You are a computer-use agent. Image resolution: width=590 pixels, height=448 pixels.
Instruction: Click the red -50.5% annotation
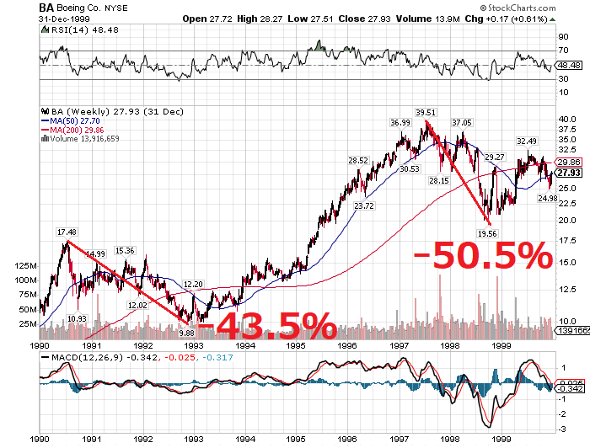483,258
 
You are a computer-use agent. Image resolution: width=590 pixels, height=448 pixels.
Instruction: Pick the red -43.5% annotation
267,325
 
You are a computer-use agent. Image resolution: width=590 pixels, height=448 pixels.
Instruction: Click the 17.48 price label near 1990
67,231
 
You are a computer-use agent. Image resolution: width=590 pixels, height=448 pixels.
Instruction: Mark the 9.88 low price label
186,333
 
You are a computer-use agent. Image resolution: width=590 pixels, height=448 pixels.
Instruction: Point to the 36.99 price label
400,123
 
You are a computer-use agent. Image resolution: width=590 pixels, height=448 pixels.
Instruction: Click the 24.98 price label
548,198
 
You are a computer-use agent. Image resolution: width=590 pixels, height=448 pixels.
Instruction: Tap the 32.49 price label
527,141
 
